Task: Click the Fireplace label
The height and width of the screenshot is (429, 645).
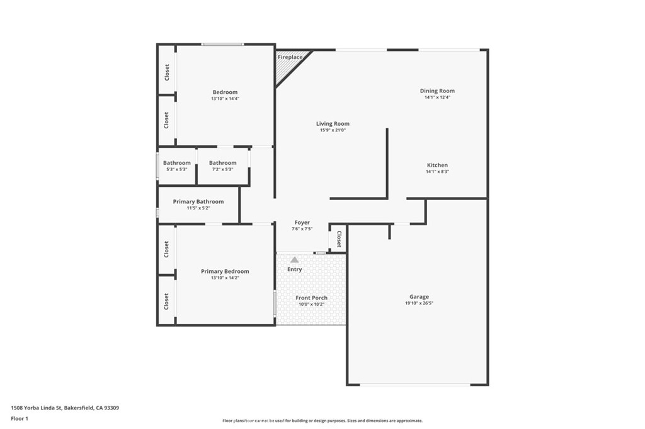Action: tap(290, 57)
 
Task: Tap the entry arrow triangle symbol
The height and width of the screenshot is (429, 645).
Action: tap(294, 259)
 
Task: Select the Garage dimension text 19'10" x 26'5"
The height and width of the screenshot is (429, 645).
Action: tap(419, 303)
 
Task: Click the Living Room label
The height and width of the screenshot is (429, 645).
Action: tap(333, 124)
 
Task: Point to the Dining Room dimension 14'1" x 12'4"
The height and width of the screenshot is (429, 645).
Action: tap(437, 97)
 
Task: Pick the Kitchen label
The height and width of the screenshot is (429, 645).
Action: tap(437, 165)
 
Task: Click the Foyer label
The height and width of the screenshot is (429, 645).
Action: tap(302, 223)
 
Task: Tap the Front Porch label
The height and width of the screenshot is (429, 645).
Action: tap(312, 298)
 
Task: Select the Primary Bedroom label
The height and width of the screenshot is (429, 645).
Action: tap(225, 272)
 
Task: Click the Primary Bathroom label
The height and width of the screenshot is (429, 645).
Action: tap(198, 202)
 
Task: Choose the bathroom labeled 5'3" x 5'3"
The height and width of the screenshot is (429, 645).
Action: tap(177, 166)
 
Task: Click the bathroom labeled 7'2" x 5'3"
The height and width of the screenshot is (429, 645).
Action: tap(222, 166)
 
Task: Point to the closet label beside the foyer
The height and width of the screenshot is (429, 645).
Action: tap(338, 239)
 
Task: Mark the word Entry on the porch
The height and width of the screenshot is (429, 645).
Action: tap(295, 269)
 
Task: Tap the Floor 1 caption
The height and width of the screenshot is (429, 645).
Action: tap(20, 418)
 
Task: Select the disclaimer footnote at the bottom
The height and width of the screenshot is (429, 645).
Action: tap(322, 421)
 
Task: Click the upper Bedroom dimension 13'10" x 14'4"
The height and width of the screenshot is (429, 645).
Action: tap(225, 99)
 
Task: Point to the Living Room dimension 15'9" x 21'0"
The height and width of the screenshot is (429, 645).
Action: tap(333, 130)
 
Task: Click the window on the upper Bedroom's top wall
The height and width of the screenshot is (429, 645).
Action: tap(222, 44)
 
